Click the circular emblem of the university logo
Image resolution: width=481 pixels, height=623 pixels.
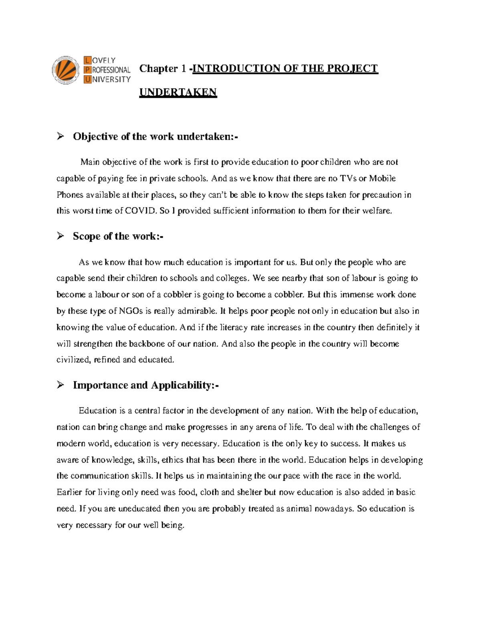(x=65, y=70)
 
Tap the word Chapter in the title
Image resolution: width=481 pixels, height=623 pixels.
(x=158, y=69)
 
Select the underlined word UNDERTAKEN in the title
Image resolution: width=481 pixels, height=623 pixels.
(x=178, y=92)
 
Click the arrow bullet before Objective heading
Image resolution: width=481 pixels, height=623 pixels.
(x=61, y=136)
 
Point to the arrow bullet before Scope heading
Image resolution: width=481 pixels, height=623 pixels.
(x=61, y=236)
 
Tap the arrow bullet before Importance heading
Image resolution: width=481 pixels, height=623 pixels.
(x=61, y=385)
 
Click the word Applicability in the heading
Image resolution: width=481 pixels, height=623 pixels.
(x=182, y=385)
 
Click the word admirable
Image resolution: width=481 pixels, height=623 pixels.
(x=197, y=311)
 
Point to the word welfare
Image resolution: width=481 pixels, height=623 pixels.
(x=377, y=211)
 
